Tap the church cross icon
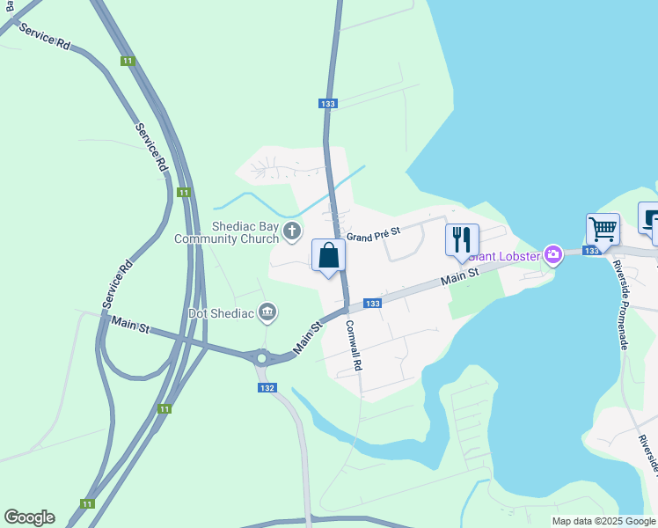click(293, 231)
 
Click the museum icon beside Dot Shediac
click(268, 312)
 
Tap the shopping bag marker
click(328, 256)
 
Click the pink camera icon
click(553, 255)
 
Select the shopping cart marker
click(603, 230)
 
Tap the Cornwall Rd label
click(354, 344)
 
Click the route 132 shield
click(268, 388)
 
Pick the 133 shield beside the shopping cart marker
click(591, 251)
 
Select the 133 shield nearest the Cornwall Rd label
click(372, 304)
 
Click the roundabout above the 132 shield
click(261, 358)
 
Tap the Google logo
click(29, 517)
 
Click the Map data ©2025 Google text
click(603, 521)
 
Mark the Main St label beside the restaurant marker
click(459, 276)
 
